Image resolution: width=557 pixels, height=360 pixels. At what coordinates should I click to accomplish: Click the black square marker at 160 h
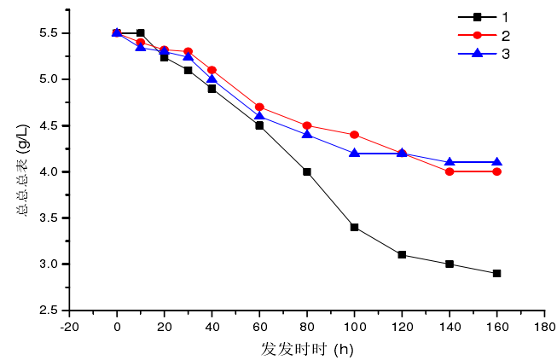pos(496,273)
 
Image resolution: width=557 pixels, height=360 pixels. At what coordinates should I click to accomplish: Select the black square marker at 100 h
pos(354,227)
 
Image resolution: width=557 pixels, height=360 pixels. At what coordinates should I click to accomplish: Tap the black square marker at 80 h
pos(306,171)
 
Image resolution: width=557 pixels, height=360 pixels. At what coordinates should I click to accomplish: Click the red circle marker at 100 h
pos(354,135)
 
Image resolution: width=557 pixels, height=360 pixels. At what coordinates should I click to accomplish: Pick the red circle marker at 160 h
pos(496,171)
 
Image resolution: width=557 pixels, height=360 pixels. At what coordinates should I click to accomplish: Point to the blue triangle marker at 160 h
pos(496,161)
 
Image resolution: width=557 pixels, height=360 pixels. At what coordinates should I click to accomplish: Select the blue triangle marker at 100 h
pos(354,153)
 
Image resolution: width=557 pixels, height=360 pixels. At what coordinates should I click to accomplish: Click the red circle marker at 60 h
pos(259,107)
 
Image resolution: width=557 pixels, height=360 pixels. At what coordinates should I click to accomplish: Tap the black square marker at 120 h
pos(401,254)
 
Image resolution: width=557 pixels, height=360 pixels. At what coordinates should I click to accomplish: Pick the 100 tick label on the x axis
pos(354,326)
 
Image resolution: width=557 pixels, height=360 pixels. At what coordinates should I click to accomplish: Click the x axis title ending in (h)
pos(307,349)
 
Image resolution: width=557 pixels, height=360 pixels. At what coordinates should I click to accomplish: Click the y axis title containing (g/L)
pos(23,171)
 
